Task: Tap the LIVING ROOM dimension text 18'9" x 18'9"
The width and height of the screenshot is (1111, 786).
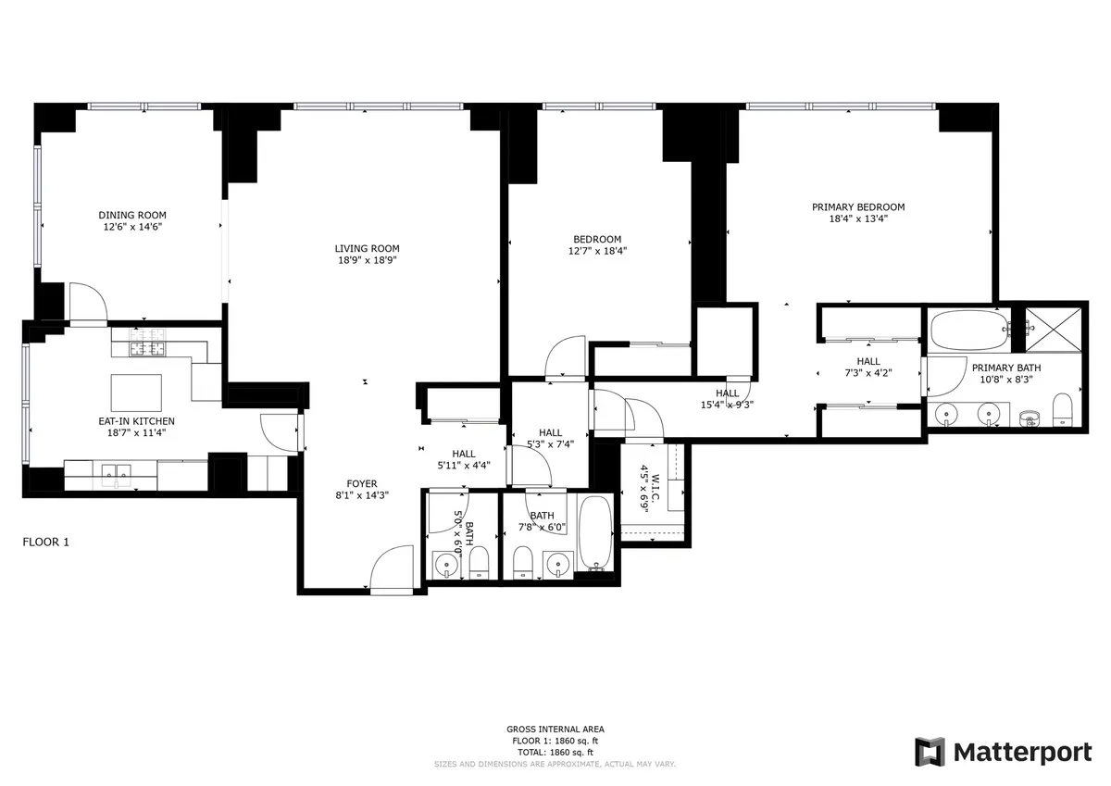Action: pos(367,261)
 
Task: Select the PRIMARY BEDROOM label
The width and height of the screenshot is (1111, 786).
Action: pos(857,207)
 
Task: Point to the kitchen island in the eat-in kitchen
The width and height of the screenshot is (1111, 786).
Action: pos(136,392)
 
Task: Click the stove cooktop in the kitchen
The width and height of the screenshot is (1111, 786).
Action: pos(146,349)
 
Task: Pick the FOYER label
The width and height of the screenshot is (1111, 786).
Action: pos(361,482)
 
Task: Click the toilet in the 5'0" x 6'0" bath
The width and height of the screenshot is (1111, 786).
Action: pos(479,562)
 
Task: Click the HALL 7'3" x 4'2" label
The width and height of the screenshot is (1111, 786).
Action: pos(868,367)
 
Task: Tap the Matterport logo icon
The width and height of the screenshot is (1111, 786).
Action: pos(930,752)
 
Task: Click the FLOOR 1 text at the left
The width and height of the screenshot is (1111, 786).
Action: pos(45,543)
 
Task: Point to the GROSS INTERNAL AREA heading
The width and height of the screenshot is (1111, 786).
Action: pos(555,730)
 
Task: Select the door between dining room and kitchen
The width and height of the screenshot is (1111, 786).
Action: pos(89,306)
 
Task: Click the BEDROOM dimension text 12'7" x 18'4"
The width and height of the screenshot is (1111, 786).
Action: pos(597,251)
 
